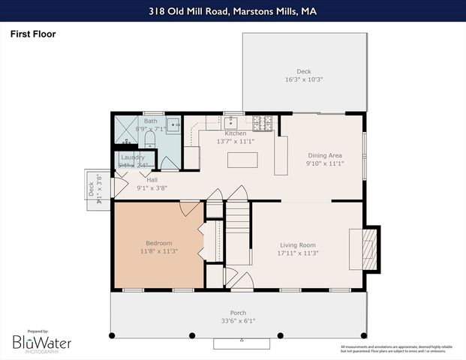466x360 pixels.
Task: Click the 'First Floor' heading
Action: tap(33, 34)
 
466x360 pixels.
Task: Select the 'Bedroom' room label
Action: tap(158, 243)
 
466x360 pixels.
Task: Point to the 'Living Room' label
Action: tap(298, 245)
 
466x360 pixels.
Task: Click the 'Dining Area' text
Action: tap(324, 154)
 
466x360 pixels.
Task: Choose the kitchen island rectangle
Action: tap(243, 160)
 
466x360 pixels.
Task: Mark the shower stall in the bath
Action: tap(125, 130)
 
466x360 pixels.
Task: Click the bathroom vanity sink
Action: tap(173, 125)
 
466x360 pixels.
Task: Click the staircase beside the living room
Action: tap(238, 229)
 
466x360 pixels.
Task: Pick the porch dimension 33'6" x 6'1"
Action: tap(238, 321)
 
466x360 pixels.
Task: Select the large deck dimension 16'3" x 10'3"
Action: tap(303, 79)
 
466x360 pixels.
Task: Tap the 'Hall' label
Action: tap(152, 180)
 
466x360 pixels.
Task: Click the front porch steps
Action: tap(238, 343)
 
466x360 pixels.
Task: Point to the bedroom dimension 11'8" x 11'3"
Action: tap(158, 251)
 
